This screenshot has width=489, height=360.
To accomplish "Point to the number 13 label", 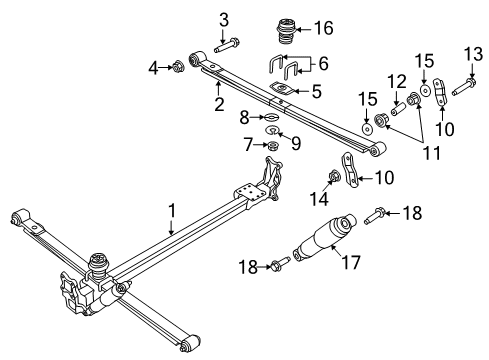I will [x=153, y=68].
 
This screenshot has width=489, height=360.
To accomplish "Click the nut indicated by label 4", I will [x=178, y=67].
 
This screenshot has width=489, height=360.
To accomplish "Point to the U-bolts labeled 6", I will [x=284, y=68].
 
